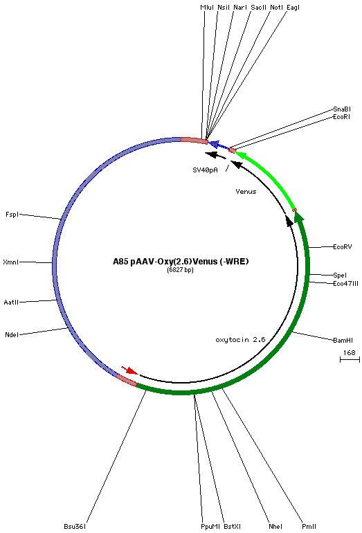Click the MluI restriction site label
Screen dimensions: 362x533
[207, 7]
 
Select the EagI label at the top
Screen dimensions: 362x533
[293, 8]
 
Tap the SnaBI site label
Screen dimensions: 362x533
[342, 109]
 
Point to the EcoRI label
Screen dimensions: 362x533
[342, 116]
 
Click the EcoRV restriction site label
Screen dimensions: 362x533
[343, 247]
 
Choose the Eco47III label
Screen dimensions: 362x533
[345, 284]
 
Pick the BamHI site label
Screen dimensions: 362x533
[343, 340]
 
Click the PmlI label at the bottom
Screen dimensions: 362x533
[309, 526]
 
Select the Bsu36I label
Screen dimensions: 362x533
[75, 526]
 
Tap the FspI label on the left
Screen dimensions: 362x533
[12, 215]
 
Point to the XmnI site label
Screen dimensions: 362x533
[10, 262]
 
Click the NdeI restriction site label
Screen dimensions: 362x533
[12, 335]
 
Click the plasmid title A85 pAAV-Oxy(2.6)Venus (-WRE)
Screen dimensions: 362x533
[181, 262]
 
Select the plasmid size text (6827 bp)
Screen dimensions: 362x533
[180, 270]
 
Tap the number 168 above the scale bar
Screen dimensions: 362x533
[349, 352]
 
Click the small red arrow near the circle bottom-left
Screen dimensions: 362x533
[129, 370]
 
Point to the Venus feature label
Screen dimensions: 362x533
[246, 191]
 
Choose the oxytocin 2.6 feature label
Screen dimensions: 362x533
[240, 340]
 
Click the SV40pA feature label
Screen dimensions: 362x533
[205, 170]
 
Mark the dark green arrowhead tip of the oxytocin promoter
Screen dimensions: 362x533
[299, 210]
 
